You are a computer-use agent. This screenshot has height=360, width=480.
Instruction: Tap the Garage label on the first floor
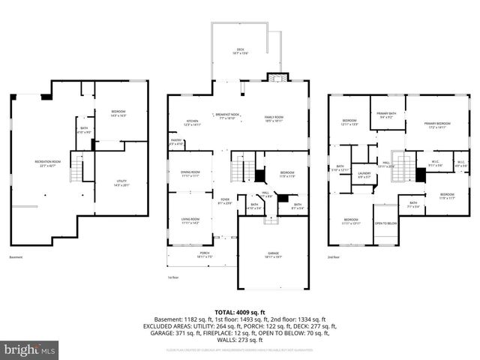pyautogui.click(x=273, y=254)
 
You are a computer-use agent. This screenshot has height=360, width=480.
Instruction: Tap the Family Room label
pyautogui.click(x=273, y=118)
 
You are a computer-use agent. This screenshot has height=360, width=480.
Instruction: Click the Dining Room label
pyautogui.click(x=190, y=175)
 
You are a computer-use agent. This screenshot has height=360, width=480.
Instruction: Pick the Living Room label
pyautogui.click(x=190, y=220)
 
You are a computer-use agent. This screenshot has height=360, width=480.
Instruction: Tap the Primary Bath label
pyautogui.click(x=387, y=115)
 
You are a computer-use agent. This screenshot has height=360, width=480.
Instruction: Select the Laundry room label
pyautogui.click(x=364, y=175)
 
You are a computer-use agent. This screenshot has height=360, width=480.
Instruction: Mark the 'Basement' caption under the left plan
pyautogui.click(x=16, y=257)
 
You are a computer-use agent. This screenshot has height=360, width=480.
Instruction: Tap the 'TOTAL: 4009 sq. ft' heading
pyautogui.click(x=239, y=312)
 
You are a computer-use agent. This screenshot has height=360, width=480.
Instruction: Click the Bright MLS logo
pyautogui.click(x=30, y=349)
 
